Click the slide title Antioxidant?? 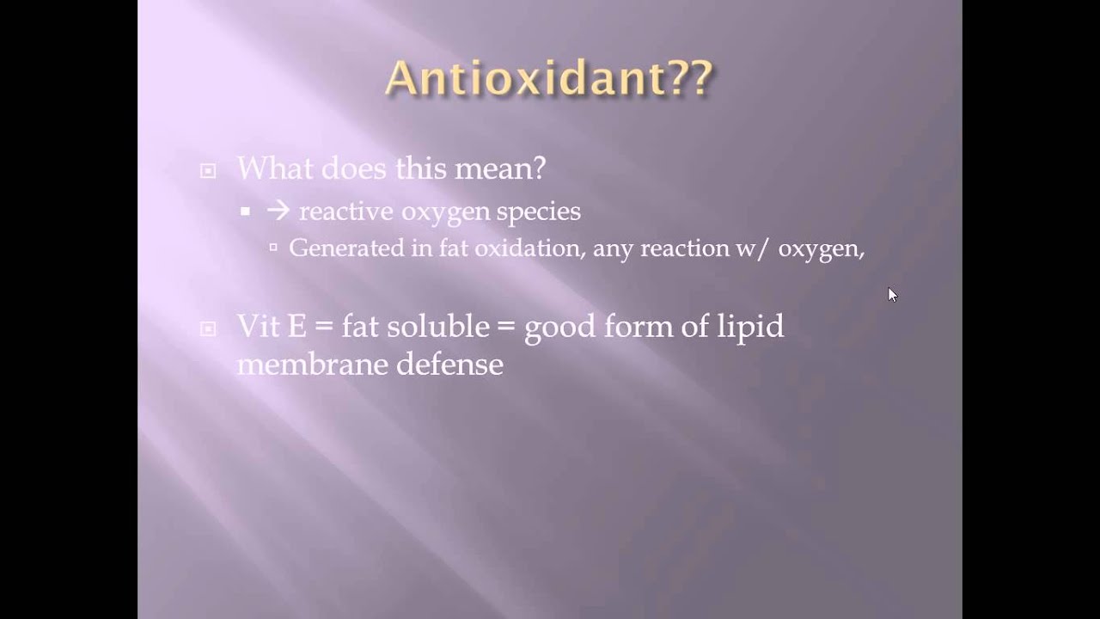pyautogui.click(x=549, y=77)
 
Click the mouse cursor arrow pyautogui.click(x=893, y=295)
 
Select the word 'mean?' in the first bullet pyautogui.click(x=500, y=169)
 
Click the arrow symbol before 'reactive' pyautogui.click(x=278, y=211)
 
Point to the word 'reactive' pyautogui.click(x=346, y=211)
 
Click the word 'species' pyautogui.click(x=538, y=212)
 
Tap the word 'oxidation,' pyautogui.click(x=530, y=248)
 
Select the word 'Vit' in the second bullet pyautogui.click(x=259, y=326)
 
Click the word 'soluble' pyautogui.click(x=438, y=326)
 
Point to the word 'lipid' pyautogui.click(x=750, y=328)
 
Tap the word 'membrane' pyautogui.click(x=312, y=364)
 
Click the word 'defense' pyautogui.click(x=449, y=364)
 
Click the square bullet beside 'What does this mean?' pyautogui.click(x=208, y=171)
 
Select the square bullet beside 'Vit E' pyautogui.click(x=208, y=328)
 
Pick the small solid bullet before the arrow pyautogui.click(x=246, y=211)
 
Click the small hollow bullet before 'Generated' pyautogui.click(x=273, y=248)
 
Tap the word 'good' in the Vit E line pyautogui.click(x=559, y=328)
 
